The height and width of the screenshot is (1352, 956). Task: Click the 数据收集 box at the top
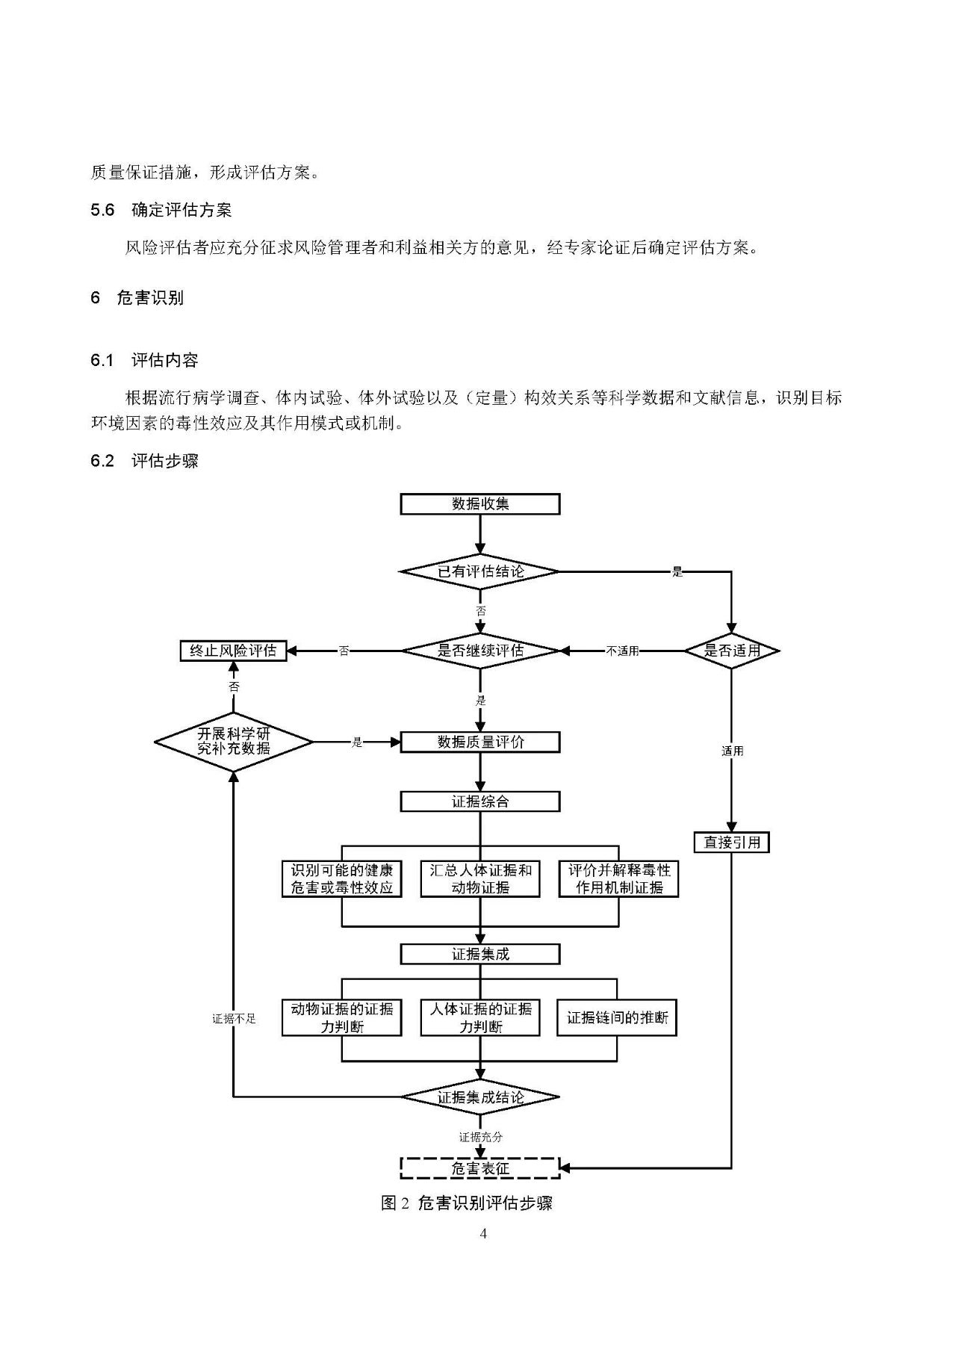coord(479,503)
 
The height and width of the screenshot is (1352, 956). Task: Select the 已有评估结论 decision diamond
coord(479,572)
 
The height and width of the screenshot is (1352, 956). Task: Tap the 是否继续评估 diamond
coord(479,651)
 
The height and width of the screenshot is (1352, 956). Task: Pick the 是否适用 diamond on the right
coord(731,651)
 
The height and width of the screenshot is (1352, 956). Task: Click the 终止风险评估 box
coord(234,651)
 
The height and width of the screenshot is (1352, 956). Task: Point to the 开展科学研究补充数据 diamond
coord(234,742)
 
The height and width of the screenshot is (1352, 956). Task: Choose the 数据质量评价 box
coord(479,742)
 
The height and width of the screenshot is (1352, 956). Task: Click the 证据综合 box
coord(479,801)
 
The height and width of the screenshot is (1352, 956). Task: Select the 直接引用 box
coord(731,843)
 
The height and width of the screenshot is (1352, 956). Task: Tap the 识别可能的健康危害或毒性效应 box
coord(341,879)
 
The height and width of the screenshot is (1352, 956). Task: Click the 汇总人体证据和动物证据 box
coord(479,879)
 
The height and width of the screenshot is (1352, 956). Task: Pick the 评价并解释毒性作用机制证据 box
coord(618,879)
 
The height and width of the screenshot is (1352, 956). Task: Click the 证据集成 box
coord(479,954)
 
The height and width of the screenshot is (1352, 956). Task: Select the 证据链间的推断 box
coord(617,1017)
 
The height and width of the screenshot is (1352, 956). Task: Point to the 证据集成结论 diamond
coord(479,1097)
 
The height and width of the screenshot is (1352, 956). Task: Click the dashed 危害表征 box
coord(479,1168)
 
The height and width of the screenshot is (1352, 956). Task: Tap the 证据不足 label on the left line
coord(234,1018)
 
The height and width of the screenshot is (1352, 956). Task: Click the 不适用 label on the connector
coord(622,651)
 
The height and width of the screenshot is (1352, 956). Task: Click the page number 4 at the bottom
coord(483,1233)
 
